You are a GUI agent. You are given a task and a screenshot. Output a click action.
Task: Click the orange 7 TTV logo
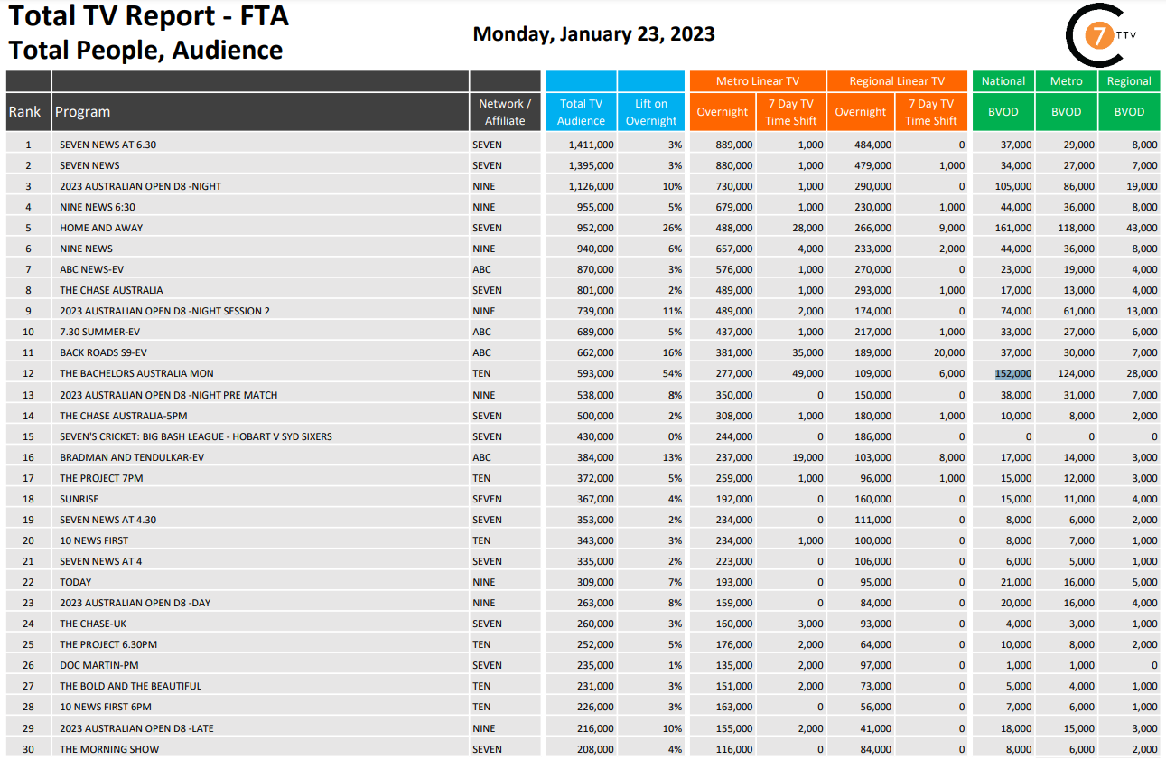coord(1099,35)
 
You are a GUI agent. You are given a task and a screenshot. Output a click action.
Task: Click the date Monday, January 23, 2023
coord(593,34)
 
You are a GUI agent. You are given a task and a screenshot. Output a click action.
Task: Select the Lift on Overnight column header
coord(650,112)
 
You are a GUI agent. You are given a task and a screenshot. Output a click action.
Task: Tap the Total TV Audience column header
coord(581,112)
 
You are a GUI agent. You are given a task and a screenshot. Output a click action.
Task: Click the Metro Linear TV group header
coord(757,81)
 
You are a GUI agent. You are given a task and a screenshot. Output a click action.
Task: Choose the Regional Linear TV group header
coord(896,81)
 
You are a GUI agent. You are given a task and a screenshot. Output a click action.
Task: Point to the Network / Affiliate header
coord(505,112)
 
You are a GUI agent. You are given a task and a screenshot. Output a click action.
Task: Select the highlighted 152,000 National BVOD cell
coord(1012,373)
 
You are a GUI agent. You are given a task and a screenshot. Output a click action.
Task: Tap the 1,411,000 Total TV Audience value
coord(592,145)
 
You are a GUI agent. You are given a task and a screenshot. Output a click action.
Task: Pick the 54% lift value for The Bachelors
coord(673,373)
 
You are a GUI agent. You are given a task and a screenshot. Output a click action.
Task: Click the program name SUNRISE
coord(79,499)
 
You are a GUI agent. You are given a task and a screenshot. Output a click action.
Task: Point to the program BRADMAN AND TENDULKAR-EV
coord(132,457)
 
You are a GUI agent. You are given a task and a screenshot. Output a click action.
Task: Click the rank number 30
coord(28,749)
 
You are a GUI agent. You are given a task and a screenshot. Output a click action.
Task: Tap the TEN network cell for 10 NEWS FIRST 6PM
coord(481,707)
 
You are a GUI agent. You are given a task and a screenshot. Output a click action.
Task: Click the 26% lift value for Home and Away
coord(673,228)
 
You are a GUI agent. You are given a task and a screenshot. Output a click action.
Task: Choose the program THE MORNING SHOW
coord(109,749)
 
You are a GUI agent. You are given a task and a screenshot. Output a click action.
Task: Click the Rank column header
coord(25,112)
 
